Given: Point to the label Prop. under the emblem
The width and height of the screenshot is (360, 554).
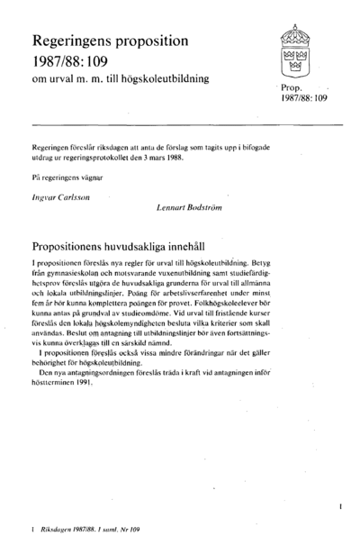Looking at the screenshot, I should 292,90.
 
